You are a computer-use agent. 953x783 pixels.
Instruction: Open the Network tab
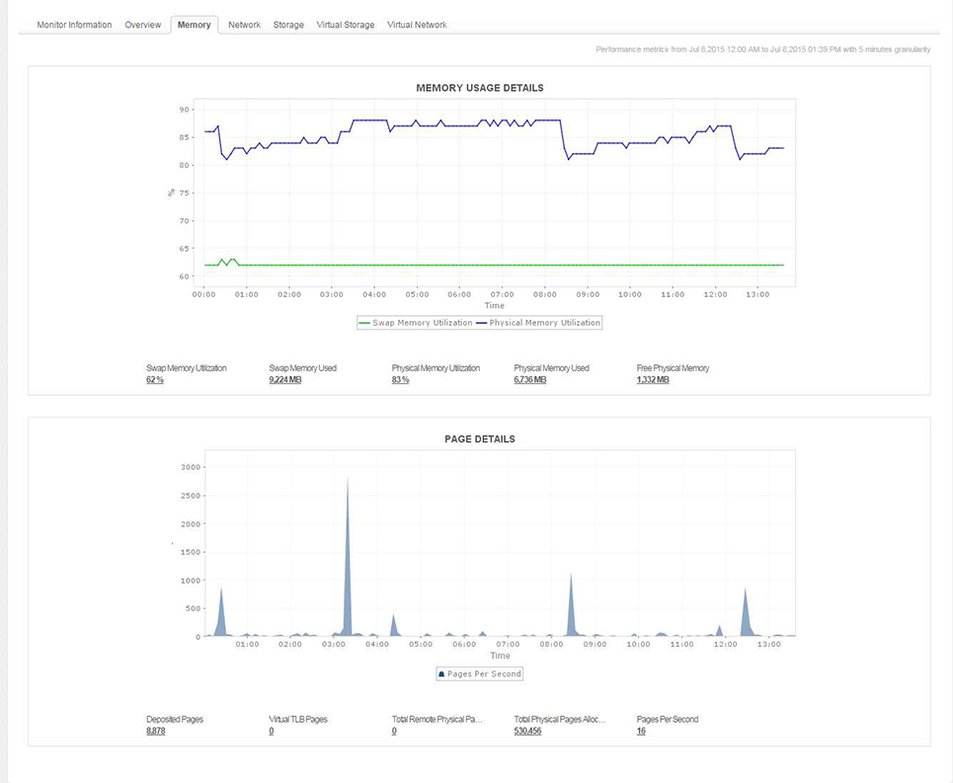point(244,25)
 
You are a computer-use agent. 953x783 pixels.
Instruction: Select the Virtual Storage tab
point(345,25)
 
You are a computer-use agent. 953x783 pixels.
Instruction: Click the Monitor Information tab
point(74,25)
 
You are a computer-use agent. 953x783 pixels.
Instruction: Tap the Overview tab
point(143,25)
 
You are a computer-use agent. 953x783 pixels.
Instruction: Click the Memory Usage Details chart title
point(479,88)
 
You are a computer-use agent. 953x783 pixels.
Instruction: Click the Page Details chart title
point(479,438)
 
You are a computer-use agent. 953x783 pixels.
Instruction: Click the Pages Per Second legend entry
point(479,673)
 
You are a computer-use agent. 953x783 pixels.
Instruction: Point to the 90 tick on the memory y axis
point(184,110)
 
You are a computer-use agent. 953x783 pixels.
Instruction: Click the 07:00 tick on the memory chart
point(502,294)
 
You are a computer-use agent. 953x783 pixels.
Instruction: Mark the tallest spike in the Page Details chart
point(348,480)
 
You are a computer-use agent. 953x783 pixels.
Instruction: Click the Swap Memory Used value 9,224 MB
point(285,380)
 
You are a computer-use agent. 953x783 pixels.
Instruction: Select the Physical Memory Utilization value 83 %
point(401,380)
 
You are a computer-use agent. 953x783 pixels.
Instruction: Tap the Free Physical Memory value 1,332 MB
point(653,380)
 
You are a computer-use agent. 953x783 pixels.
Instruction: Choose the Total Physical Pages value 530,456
point(527,731)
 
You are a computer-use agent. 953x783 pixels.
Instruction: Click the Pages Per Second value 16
point(641,731)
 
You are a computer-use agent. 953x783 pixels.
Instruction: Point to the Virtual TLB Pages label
point(297,719)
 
